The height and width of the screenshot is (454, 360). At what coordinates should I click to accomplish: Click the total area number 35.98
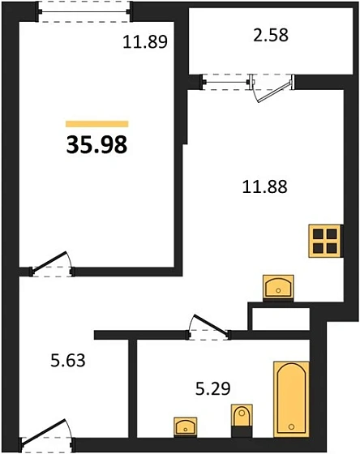point(96,145)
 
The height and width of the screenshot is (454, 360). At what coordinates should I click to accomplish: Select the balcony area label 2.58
point(269,36)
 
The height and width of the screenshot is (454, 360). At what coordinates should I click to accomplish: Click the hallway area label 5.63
point(67,358)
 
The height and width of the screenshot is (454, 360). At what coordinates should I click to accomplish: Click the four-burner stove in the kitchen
point(325,240)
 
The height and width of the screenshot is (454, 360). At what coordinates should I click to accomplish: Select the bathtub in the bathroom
point(291,398)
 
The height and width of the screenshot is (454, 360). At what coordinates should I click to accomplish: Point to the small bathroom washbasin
point(186,426)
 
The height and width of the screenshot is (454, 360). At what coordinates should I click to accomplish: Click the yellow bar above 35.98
point(96,124)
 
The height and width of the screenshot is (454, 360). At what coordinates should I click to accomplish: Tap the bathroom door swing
point(209,323)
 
